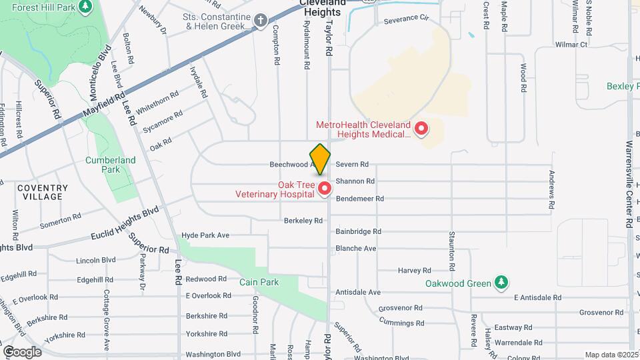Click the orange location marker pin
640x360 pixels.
[321, 159]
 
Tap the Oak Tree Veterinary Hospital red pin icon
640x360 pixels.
[325, 189]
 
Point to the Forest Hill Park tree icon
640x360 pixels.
[85, 7]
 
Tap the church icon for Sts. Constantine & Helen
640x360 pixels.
[261, 21]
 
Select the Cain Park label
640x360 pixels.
[259, 282]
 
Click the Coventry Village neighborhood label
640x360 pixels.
[43, 192]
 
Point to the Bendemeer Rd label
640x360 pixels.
[359, 199]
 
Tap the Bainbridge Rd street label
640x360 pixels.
[358, 231]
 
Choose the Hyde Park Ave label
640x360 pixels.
[205, 235]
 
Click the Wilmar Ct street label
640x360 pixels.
[571, 45]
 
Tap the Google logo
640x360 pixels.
[22, 351]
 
